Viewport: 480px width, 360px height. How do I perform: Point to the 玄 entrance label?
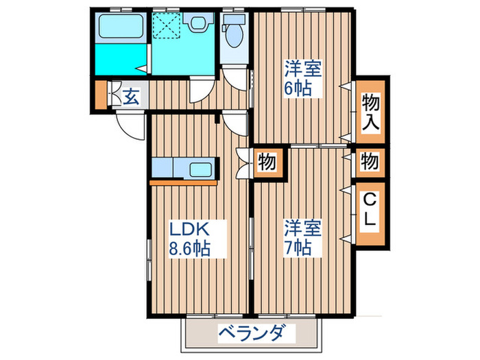[131, 96]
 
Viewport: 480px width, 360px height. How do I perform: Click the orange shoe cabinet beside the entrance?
[101, 95]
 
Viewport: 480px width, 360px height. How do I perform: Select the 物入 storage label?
[371, 111]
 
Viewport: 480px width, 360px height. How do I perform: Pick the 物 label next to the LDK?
[267, 162]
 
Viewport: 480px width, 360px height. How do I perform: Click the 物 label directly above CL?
[370, 162]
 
